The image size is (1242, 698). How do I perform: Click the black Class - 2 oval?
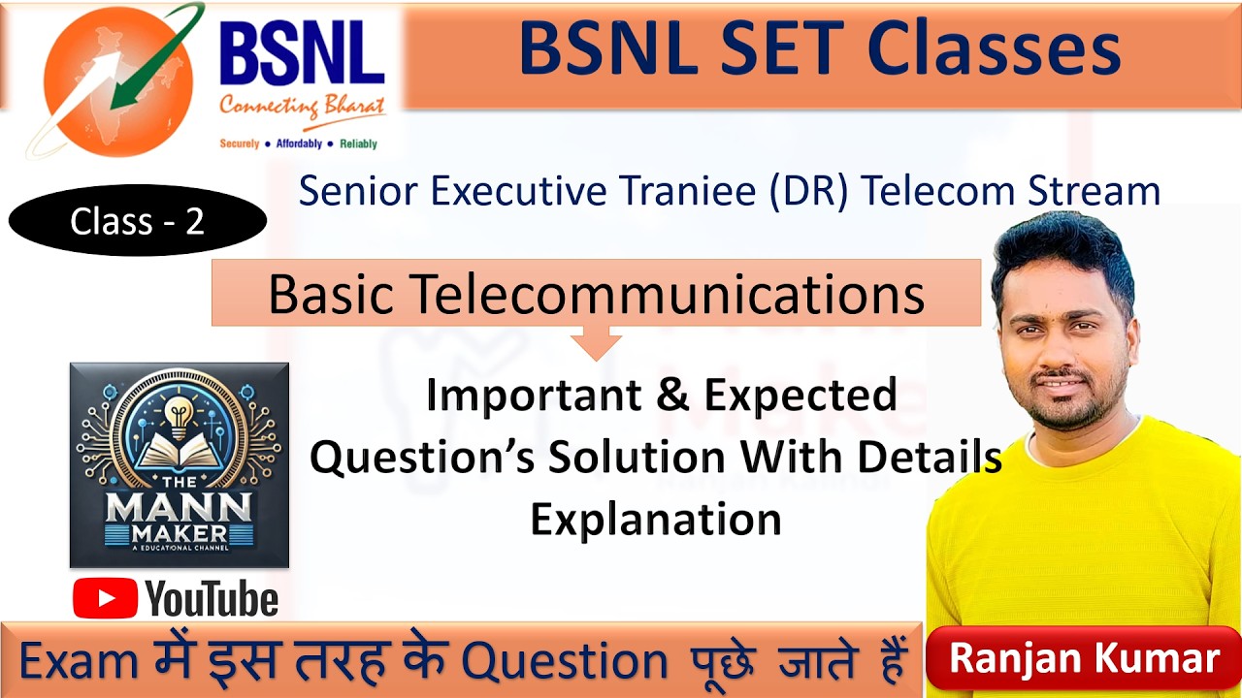coord(137,222)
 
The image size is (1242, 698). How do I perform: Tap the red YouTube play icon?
coord(105,598)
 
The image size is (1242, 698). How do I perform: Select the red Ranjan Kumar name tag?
coord(1084,659)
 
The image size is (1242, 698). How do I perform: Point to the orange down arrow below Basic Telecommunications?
coord(596,341)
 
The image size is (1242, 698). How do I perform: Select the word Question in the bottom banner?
coord(564,662)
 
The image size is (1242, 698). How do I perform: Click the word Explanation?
coord(655,519)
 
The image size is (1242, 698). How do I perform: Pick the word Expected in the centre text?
coord(800,395)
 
